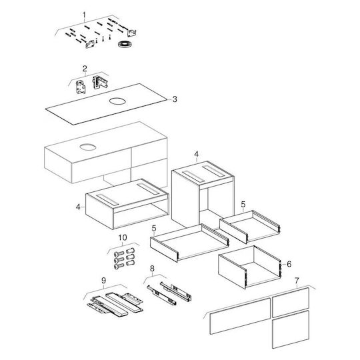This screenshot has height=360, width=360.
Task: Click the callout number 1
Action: tap(84, 15)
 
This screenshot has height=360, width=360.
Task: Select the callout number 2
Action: tap(85, 69)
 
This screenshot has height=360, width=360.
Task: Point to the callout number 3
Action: tap(175, 99)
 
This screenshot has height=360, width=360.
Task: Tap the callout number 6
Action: tap(289, 264)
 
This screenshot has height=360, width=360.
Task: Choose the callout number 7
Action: tap(297, 281)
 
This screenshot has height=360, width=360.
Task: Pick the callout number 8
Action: tap(152, 269)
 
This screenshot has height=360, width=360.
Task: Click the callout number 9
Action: tap(103, 280)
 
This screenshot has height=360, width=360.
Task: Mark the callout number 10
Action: tap(123, 237)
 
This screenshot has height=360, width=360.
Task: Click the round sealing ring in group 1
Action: tap(124, 44)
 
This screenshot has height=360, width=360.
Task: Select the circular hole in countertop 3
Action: tap(117, 101)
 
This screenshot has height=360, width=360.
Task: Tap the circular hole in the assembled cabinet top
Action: tap(88, 147)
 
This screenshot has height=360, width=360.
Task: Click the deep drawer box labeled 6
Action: tap(249, 267)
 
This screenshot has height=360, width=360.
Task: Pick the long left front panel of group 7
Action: tap(240, 317)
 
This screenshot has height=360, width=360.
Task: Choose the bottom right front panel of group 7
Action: tap(291, 329)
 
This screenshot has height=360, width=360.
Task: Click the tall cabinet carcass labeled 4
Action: tap(203, 195)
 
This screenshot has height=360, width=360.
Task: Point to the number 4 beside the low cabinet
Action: tap(78, 207)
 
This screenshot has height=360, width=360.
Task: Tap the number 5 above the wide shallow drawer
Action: tap(154, 228)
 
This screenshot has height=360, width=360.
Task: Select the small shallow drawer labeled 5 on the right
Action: tap(250, 227)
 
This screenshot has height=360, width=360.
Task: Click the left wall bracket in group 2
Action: tap(81, 87)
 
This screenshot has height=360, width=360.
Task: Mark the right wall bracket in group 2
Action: tap(100, 83)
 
